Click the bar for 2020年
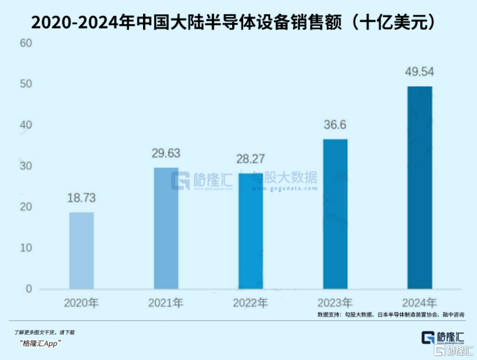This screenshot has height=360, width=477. [82, 250]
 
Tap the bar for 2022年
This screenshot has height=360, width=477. [251, 231]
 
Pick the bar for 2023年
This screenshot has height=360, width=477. [335, 214]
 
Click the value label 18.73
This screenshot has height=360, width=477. [81, 198]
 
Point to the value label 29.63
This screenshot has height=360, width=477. [166, 153]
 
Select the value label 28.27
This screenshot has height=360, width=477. [251, 159]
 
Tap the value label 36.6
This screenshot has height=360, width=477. [335, 125]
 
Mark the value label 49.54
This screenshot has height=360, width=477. [419, 72]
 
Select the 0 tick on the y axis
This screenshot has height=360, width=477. [28, 289]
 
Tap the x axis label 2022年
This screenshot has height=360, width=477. [251, 303]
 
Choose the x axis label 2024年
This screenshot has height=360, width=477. [419, 303]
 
